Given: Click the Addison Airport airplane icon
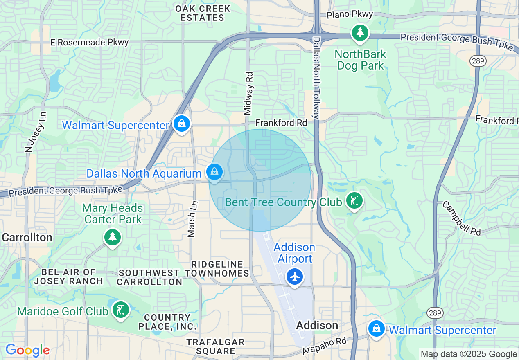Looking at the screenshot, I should click(x=294, y=277).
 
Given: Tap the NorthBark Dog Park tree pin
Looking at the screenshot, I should click(x=360, y=33).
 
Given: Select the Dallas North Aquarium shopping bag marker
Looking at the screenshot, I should click(x=214, y=172).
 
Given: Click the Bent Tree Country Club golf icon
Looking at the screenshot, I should click(x=354, y=201).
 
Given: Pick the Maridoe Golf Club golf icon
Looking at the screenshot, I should click(x=120, y=310).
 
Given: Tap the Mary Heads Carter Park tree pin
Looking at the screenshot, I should click(x=112, y=237).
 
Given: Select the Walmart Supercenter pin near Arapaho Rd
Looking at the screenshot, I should click(x=376, y=328).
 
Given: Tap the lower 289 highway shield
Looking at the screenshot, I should click(x=434, y=313).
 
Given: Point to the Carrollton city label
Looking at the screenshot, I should click(x=27, y=238).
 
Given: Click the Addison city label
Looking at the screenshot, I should click(x=317, y=326).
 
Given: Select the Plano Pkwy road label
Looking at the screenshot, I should click(x=350, y=14).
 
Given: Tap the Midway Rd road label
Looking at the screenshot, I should click(x=248, y=94).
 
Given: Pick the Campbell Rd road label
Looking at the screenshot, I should click(x=461, y=218).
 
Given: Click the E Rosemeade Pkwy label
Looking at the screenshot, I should click(x=89, y=42).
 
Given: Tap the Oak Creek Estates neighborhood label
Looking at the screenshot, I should click(x=203, y=13).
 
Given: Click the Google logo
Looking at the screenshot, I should click(x=27, y=350).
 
